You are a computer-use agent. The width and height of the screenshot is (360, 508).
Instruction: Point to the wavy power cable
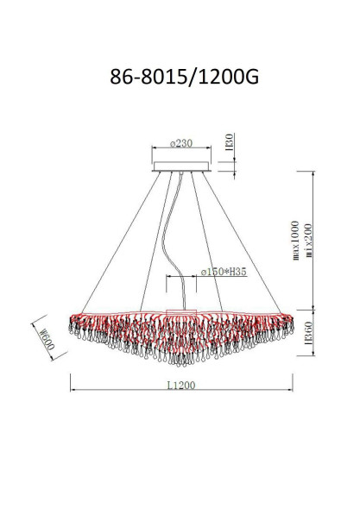click(169, 233)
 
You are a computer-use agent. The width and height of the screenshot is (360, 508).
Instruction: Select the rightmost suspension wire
click(246, 241)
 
